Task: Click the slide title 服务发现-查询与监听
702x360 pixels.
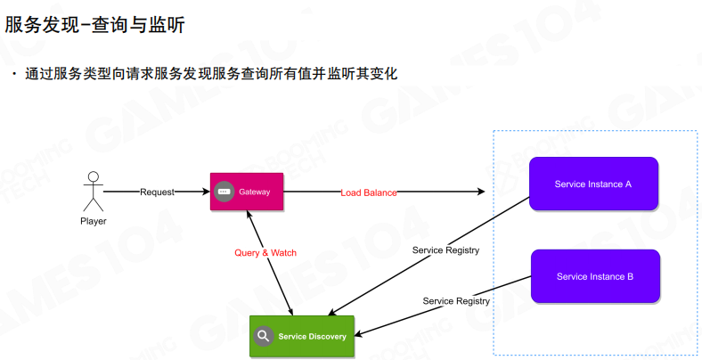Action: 94,26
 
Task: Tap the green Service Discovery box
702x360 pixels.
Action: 301,336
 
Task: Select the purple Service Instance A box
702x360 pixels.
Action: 592,184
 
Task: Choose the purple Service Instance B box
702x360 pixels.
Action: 594,276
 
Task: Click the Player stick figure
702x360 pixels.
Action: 92,192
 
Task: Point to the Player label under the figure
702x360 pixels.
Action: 93,221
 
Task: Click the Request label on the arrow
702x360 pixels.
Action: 157,192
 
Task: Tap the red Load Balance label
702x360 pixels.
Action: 369,192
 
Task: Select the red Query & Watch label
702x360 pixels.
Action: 265,253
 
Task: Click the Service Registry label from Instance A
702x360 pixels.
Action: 445,250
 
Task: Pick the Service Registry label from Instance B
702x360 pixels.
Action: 456,301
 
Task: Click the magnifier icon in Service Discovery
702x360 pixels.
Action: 263,336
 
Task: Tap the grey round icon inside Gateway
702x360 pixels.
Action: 224,192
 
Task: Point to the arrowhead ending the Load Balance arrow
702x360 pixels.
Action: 482,192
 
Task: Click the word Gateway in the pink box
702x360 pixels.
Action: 254,192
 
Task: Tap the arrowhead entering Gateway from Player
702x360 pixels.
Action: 207,192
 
